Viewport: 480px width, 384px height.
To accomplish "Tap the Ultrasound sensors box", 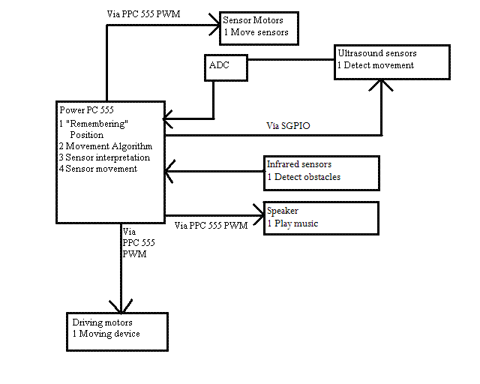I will coord(391,61).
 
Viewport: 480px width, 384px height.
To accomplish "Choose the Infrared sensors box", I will coord(322,171).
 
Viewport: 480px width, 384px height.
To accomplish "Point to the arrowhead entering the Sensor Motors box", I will coord(213,25).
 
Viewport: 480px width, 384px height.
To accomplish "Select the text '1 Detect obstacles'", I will coord(304,177).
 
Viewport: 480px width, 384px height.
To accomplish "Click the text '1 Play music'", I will coord(292,224).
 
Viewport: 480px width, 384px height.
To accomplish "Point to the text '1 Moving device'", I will coord(106,334).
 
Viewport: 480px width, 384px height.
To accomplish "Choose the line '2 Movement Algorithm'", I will coord(105,146).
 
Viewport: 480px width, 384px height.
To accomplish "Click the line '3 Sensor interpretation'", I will coord(103,157).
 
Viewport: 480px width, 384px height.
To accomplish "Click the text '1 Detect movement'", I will coord(375,66).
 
